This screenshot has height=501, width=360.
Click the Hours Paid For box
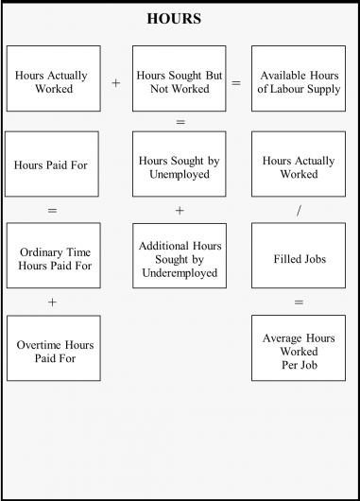52,164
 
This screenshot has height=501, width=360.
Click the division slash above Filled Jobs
299,210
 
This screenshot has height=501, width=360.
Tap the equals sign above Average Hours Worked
299,302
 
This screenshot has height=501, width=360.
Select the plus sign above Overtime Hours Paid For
52,302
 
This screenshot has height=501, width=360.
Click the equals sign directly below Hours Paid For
52,210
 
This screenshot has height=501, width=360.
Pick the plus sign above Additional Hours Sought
180,210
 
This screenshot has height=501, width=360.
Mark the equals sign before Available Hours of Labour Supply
236,83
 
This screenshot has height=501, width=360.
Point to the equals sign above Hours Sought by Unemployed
180,123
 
